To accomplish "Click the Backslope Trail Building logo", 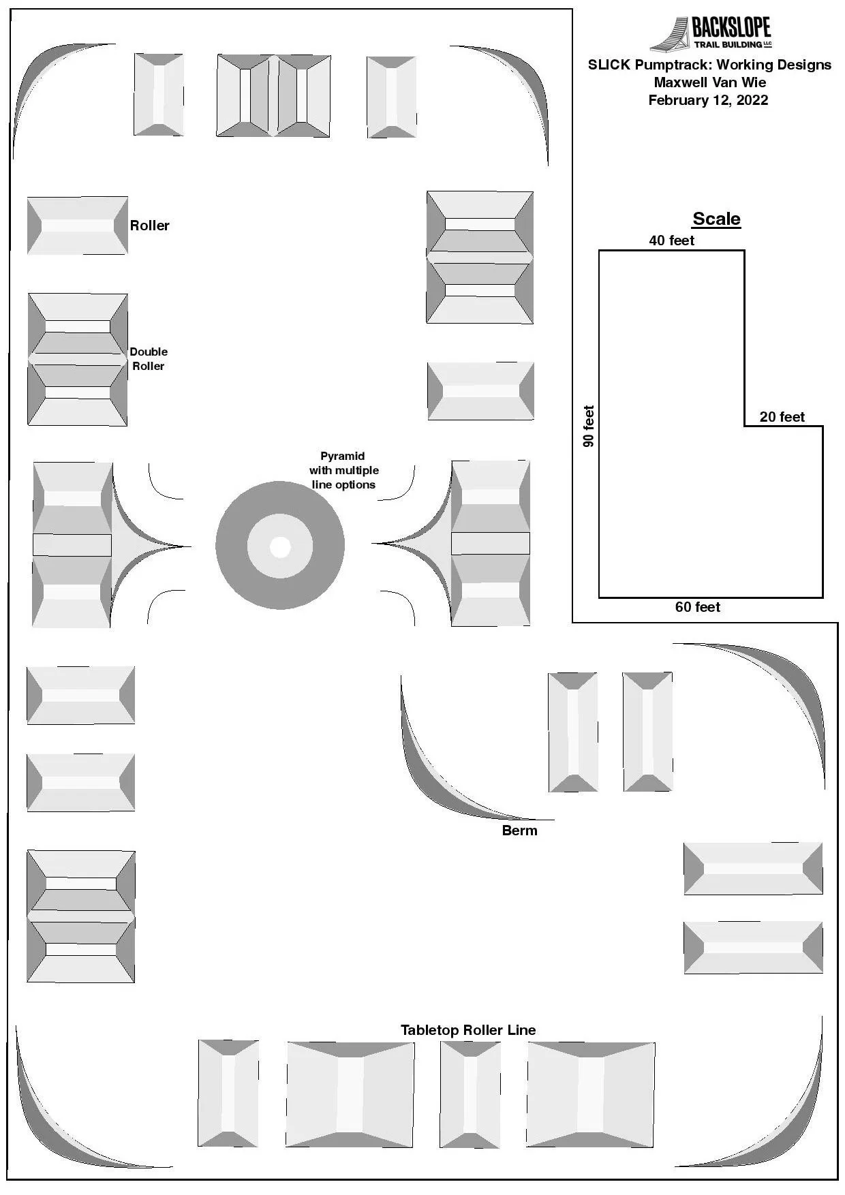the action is tap(711, 33).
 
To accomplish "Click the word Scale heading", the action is tap(716, 219).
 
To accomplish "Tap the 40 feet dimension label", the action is tap(672, 240).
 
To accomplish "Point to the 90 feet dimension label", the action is tap(589, 426).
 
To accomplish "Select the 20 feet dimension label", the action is tap(782, 417).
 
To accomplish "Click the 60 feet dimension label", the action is tap(698, 607).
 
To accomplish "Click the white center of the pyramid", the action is tap(280, 546).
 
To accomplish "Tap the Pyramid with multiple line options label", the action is tap(343, 470).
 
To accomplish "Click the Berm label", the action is tap(519, 831).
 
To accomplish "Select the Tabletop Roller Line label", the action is tap(468, 1030).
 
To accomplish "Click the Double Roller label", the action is tap(149, 359).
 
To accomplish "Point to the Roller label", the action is tap(150, 226).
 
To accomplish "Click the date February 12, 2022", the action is tap(708, 100).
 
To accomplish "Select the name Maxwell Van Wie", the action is tap(710, 82).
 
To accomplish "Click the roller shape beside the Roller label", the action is tap(78, 226).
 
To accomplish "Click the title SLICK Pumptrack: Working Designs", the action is tap(709, 65).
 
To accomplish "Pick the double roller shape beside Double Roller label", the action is tap(78, 359).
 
